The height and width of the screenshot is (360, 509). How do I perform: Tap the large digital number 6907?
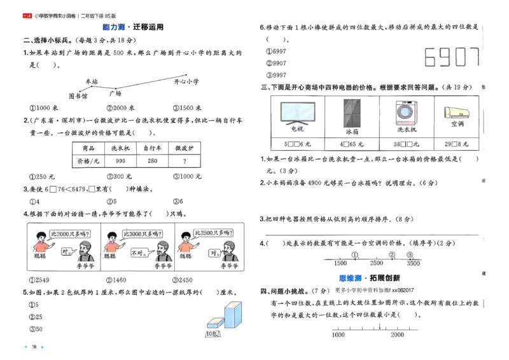451,58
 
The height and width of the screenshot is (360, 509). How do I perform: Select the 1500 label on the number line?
340,263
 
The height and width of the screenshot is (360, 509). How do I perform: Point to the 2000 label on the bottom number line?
397,335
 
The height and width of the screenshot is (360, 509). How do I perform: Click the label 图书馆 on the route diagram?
78,97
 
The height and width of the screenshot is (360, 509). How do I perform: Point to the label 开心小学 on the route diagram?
186,81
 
